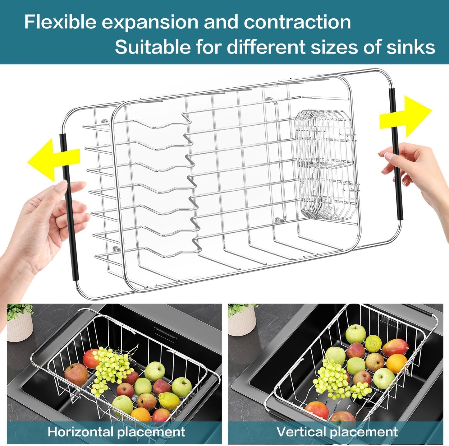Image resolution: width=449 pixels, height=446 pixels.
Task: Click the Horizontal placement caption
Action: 116,432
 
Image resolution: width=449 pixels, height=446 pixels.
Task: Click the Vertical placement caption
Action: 337,432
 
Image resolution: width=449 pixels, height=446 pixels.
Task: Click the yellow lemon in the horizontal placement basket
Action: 169,401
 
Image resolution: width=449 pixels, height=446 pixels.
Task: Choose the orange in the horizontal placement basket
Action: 141,415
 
